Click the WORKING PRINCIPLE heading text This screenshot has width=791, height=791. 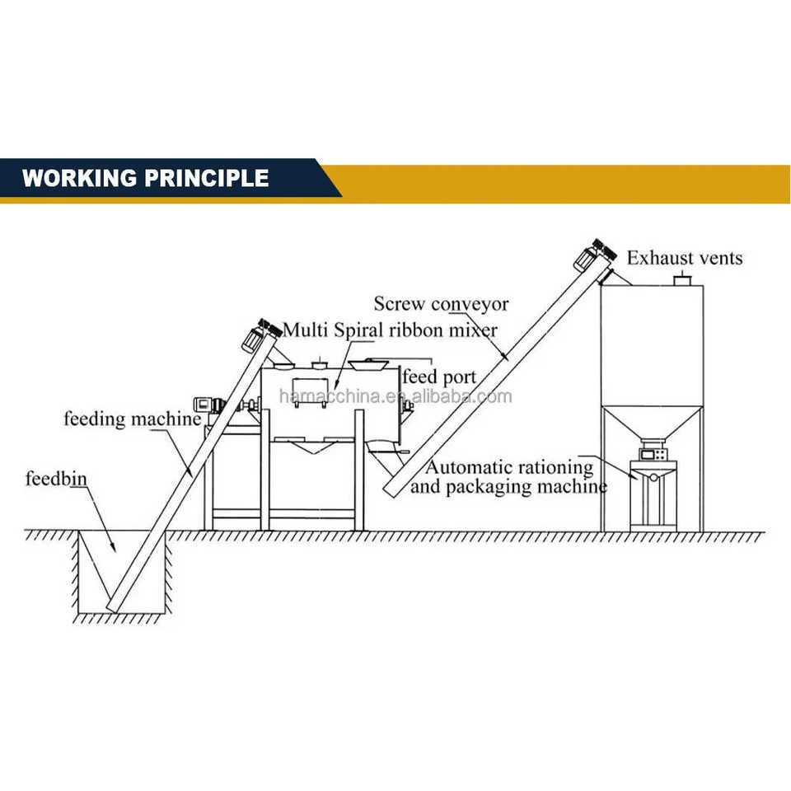[x=145, y=178]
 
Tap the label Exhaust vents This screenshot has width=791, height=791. [x=684, y=258]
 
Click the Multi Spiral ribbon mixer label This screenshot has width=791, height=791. [x=390, y=330]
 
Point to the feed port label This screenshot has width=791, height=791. [x=439, y=377]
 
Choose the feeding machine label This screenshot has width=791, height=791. [x=132, y=419]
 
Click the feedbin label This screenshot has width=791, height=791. [x=56, y=479]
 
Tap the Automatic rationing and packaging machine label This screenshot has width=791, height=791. [x=508, y=477]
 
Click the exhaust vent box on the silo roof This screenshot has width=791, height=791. [x=681, y=281]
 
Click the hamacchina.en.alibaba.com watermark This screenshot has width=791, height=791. [x=395, y=397]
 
